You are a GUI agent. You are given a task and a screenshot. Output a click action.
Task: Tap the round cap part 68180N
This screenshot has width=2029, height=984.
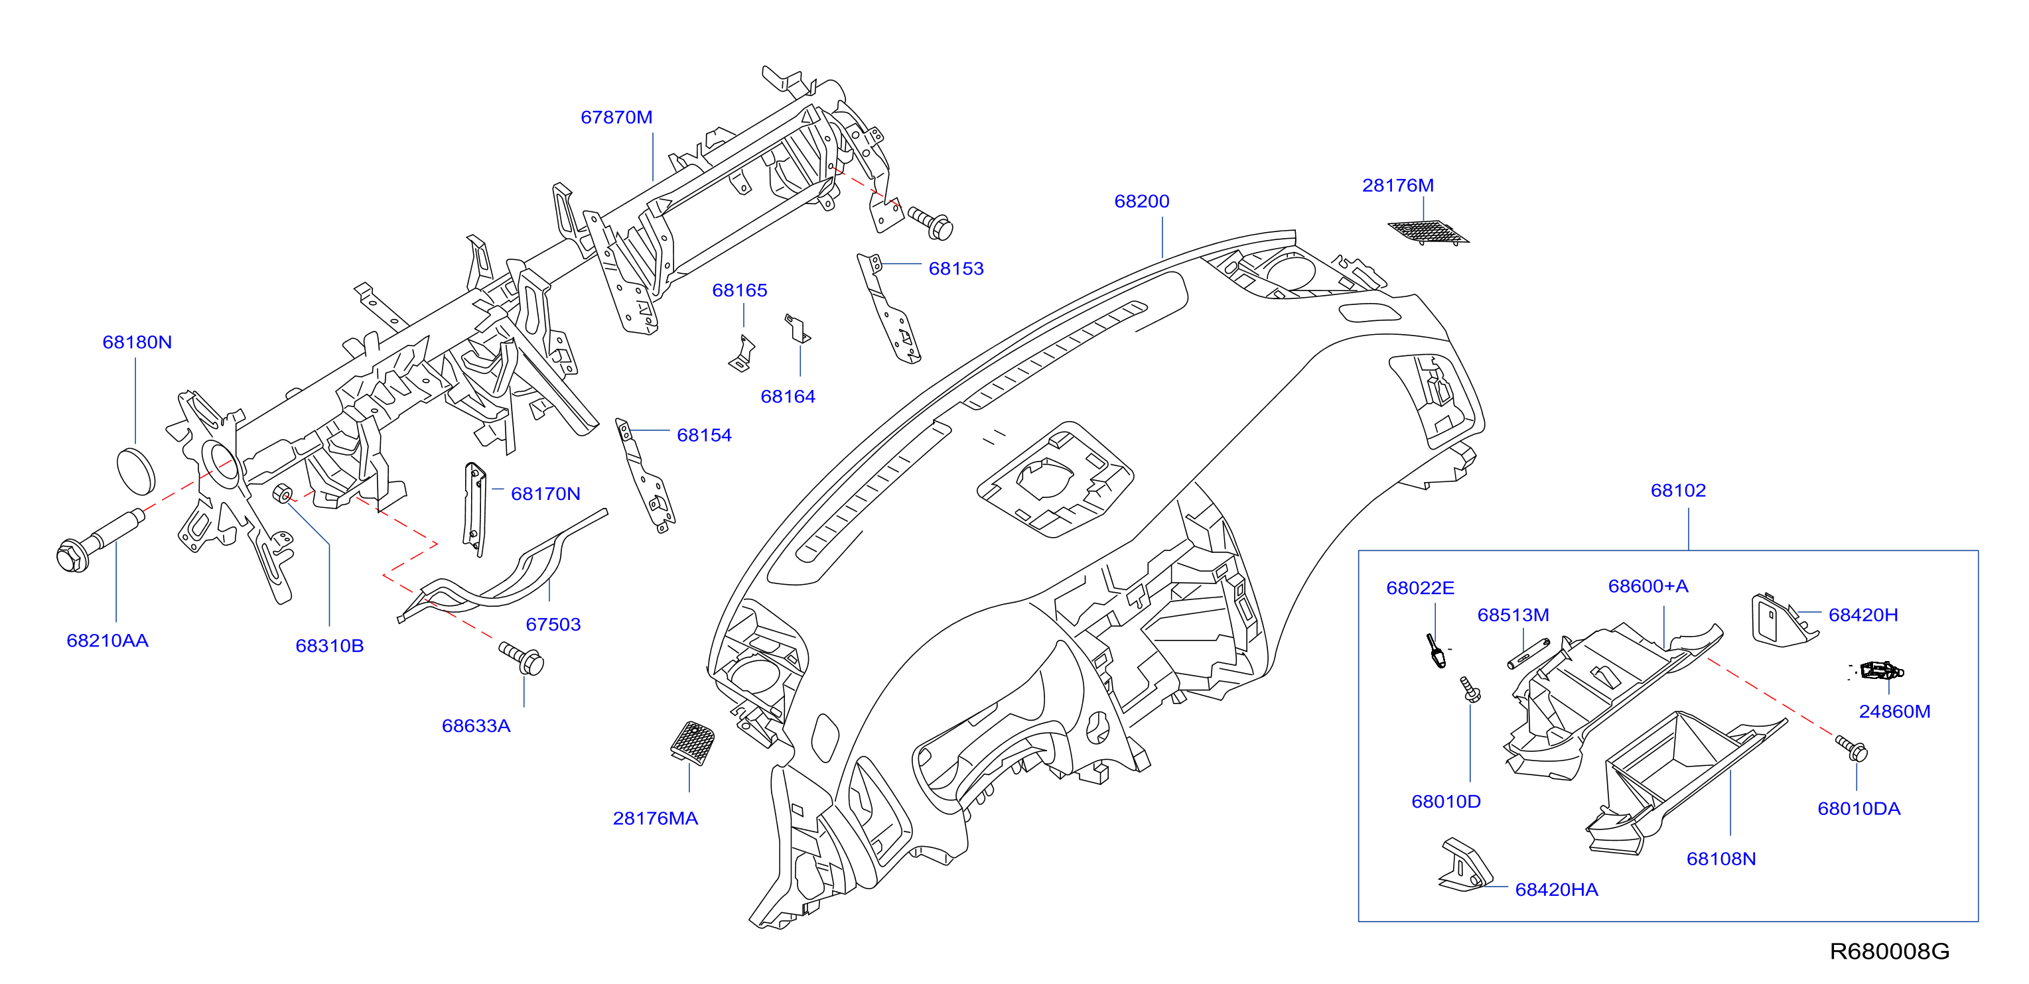[x=135, y=471]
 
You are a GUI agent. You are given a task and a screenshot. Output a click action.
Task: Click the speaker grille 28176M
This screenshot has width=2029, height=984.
[x=1427, y=232]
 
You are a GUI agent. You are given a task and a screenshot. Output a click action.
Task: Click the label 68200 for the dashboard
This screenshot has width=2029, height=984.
[x=1141, y=202]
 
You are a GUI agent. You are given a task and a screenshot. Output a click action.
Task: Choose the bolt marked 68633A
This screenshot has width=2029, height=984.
[x=522, y=658]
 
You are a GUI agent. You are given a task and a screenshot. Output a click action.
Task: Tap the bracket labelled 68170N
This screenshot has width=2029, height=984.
[x=474, y=509]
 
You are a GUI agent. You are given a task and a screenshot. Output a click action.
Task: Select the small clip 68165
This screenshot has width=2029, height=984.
[x=742, y=353]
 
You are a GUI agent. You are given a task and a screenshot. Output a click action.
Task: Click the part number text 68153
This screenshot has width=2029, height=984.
[x=956, y=269]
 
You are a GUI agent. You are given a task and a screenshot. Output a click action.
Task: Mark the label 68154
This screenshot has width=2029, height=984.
[x=704, y=436]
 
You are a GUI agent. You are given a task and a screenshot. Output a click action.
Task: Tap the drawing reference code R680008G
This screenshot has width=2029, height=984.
[x=1889, y=951]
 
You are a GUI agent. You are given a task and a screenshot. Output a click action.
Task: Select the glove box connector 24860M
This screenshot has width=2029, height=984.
[x=1881, y=670]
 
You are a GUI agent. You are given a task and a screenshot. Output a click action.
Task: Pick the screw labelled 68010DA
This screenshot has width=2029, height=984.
[x=1851, y=748]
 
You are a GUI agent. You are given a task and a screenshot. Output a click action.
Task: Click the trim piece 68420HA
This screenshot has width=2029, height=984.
[x=1465, y=866]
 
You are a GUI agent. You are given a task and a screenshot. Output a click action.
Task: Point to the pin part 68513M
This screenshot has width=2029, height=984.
[x=1528, y=653]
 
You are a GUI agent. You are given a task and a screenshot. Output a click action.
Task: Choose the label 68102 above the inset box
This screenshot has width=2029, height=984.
[x=1678, y=491]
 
